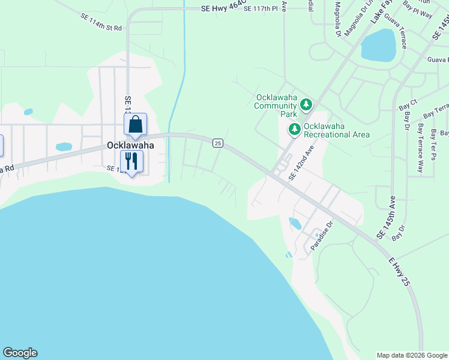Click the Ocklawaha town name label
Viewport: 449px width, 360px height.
[x=130, y=145]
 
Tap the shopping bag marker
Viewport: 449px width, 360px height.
[x=136, y=125]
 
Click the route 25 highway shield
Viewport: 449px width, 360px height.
[x=217, y=143]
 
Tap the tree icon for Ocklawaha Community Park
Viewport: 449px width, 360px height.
[x=307, y=106]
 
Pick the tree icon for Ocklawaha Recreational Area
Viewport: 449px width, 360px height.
[x=295, y=129]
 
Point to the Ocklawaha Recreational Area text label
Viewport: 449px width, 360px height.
[x=336, y=130]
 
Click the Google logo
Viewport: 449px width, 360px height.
[x=20, y=353]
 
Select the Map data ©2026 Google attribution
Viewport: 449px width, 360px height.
[x=412, y=355]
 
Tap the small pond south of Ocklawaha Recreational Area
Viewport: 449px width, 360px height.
[x=295, y=224]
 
